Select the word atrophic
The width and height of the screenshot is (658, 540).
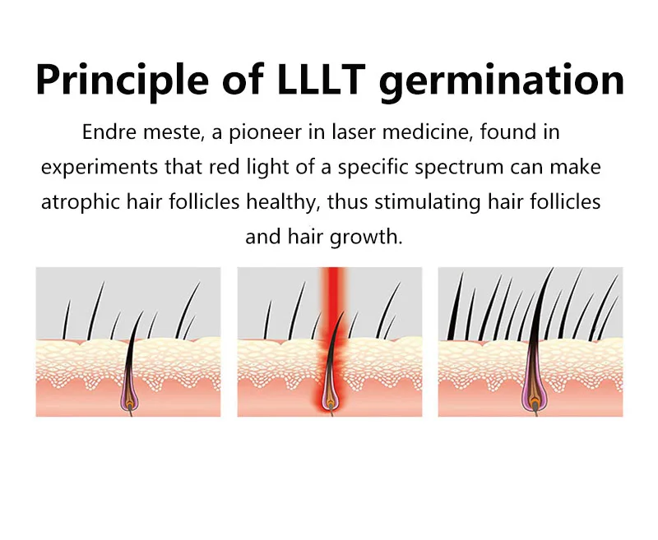[x=76, y=202]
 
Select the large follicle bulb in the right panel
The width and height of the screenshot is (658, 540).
[x=534, y=396]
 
